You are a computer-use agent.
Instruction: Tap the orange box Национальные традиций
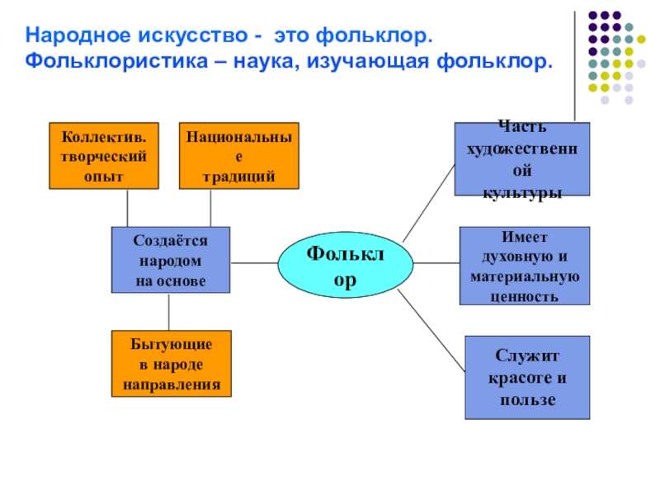[x=239, y=156]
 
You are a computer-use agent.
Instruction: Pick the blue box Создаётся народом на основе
[x=171, y=260]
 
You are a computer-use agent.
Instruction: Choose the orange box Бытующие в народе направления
[x=172, y=364]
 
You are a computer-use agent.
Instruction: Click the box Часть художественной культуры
[x=522, y=158]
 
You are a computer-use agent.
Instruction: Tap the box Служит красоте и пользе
[x=528, y=378]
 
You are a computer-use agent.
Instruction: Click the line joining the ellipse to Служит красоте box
[x=434, y=334]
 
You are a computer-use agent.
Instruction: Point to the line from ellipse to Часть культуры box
[x=428, y=202]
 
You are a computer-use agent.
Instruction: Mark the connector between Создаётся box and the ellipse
[x=253, y=263]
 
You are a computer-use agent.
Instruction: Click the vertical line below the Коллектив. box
[x=128, y=208]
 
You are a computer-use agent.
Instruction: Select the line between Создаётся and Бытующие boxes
[x=169, y=312]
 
